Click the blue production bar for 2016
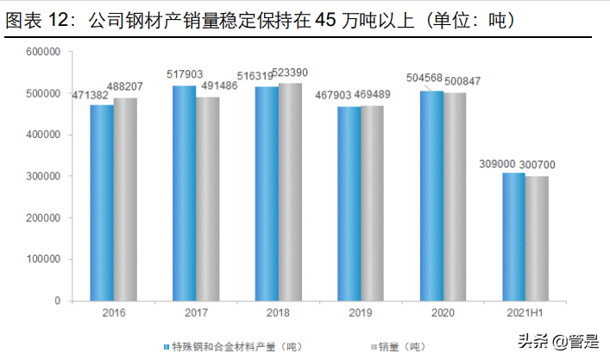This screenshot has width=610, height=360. [102, 203]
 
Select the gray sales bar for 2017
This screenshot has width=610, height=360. [207, 199]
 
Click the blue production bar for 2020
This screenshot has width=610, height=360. [431, 196]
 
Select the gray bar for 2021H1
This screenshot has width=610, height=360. [537, 238]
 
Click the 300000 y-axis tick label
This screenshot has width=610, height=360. [42, 176]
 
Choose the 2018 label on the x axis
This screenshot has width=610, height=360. [278, 313]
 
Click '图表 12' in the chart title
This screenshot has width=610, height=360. [40, 20]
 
